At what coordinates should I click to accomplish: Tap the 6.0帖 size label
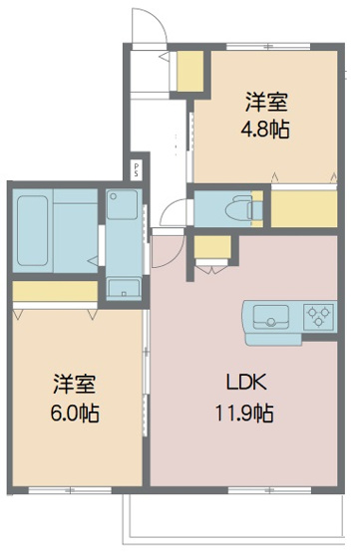tap(76, 411)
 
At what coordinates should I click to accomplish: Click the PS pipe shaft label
tap(136, 167)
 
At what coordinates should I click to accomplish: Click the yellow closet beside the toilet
tap(304, 207)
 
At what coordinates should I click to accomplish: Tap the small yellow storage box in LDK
tap(211, 245)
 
